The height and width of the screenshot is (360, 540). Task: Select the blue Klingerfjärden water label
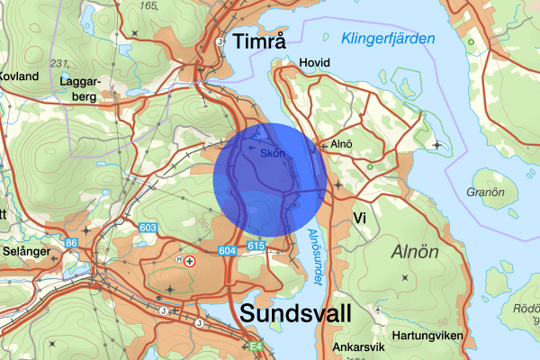pyautogui.click(x=388, y=39)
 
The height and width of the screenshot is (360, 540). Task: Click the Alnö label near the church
pyautogui.click(x=340, y=142)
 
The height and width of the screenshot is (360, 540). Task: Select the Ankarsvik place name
pyautogui.click(x=358, y=346)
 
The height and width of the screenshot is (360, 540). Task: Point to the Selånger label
pyautogui.click(x=25, y=252)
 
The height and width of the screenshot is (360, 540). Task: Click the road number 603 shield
pyautogui.click(x=148, y=229)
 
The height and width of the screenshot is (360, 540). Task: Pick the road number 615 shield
pyautogui.click(x=255, y=246)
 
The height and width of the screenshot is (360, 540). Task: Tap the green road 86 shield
pyautogui.click(x=71, y=243)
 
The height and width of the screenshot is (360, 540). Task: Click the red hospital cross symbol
pyautogui.click(x=190, y=260)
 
